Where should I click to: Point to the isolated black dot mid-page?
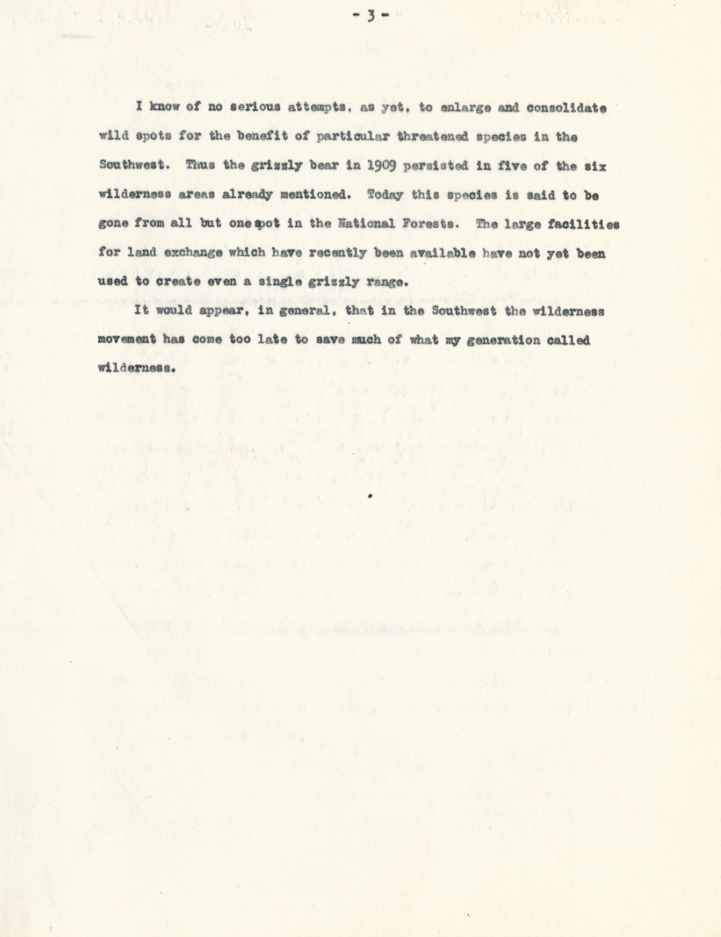pyautogui.click(x=370, y=496)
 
